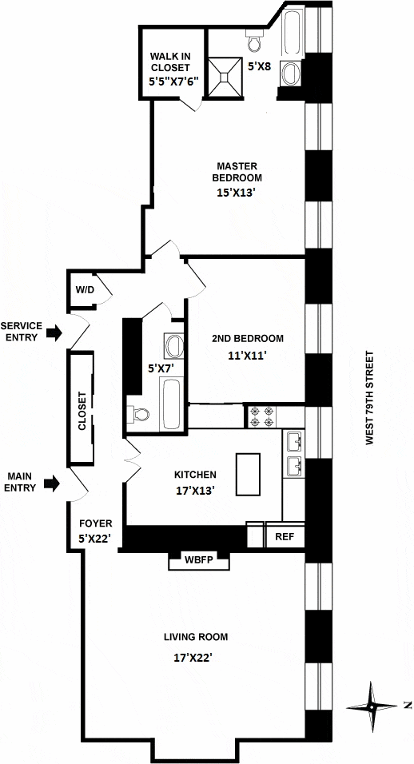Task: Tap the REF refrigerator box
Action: coord(285,535)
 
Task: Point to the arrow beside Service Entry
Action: coord(54,332)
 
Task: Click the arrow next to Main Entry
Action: coord(52,483)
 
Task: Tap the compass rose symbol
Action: coord(371,706)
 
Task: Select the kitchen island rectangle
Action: coord(248,474)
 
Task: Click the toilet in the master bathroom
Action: coord(254,41)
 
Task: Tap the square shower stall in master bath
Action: coord(225,77)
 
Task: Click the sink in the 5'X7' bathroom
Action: coord(174,346)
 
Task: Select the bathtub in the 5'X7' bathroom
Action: coord(172,402)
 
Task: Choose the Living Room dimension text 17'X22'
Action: coord(193,659)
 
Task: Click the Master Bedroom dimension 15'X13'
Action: coord(237,193)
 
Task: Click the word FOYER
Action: coord(96,523)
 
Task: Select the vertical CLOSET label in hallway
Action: coord(82,412)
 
